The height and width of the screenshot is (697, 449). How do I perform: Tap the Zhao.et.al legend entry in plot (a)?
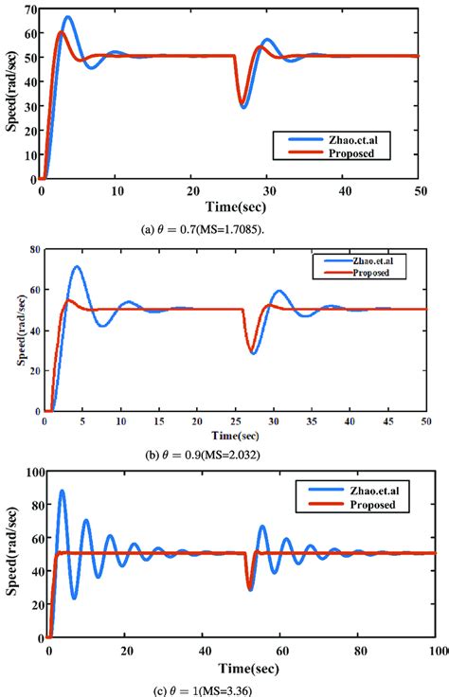332,138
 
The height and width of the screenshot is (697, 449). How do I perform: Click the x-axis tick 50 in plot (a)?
418,190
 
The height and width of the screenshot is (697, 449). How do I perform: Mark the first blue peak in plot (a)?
67,17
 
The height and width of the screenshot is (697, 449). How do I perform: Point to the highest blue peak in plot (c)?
63,491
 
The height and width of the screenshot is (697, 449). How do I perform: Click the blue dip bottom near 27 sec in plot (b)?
253,353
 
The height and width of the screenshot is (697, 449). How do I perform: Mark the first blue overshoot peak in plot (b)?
77,267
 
